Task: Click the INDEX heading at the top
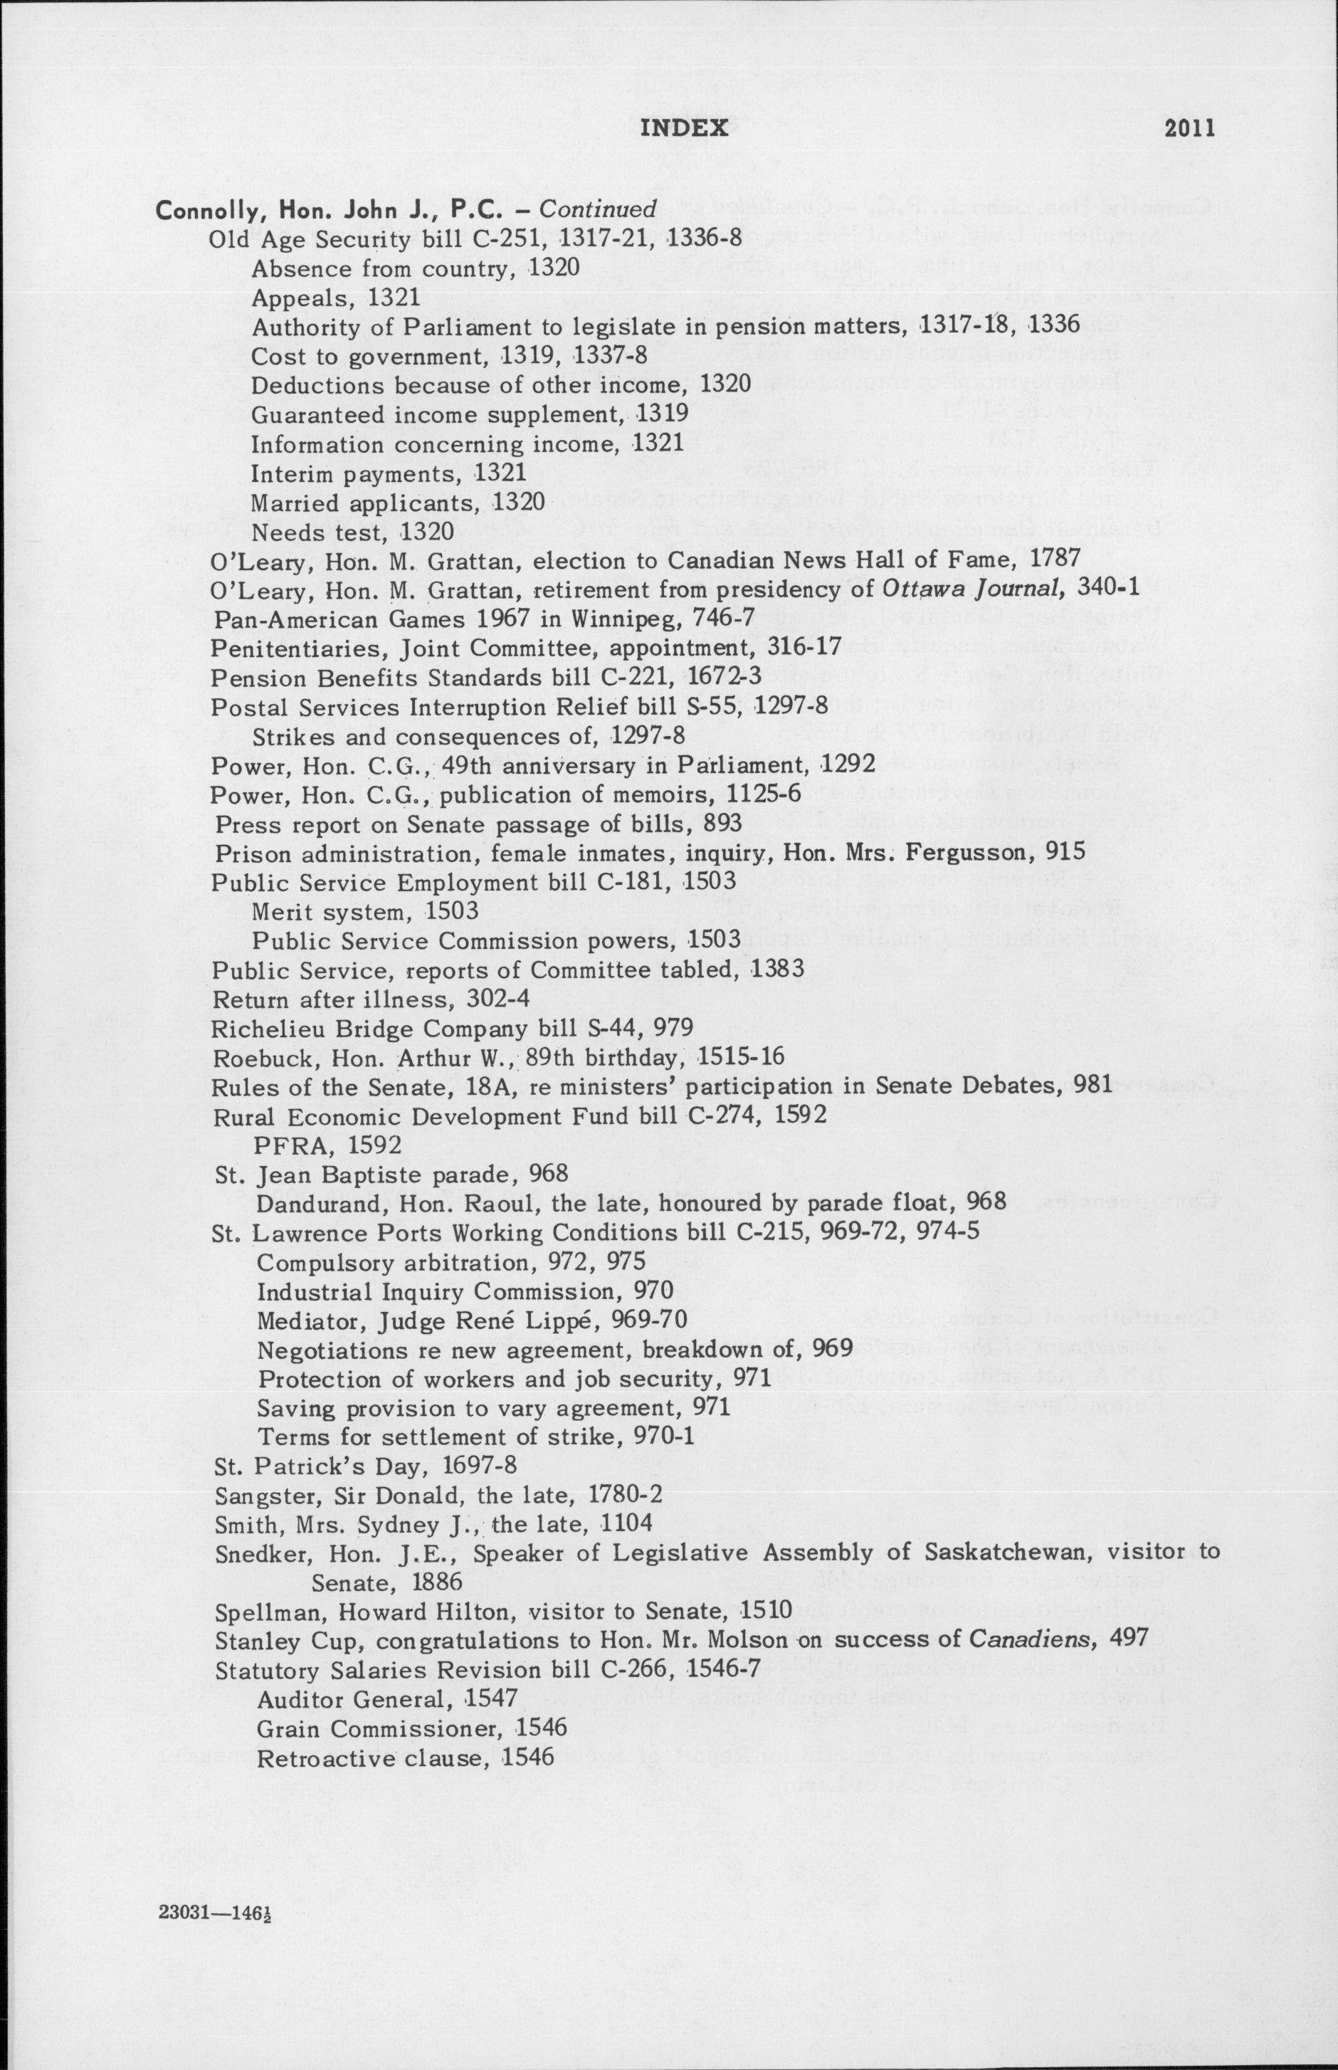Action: (x=684, y=129)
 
